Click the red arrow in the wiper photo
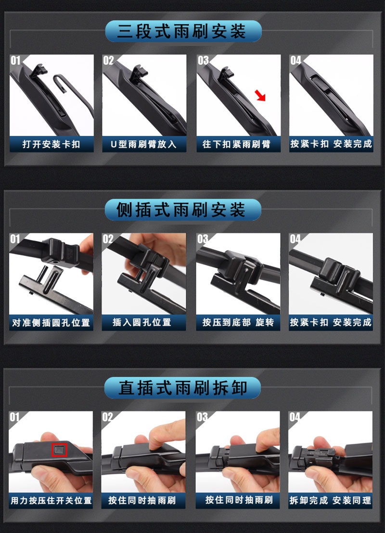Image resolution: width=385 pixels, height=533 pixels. coord(260,95)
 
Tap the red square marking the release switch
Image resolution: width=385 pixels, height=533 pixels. coord(59,450)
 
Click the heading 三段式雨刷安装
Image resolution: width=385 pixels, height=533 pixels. coord(181,31)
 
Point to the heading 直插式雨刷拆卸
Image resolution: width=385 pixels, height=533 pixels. coord(183,387)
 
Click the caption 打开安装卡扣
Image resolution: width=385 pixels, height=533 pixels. coord(51,144)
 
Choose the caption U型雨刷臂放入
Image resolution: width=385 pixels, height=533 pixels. coord(143,144)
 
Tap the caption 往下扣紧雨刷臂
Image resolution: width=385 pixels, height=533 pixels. coord(237,144)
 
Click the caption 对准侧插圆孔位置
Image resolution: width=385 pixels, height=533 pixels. coord(51,322)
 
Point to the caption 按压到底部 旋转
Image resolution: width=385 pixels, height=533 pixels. coord(238,322)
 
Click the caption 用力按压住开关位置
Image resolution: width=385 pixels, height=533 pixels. coord(51,500)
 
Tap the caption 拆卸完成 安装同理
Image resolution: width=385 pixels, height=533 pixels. coord(330,500)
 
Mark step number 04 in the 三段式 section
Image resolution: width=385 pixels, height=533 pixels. coord(295,61)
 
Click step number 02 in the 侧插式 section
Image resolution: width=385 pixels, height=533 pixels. coord(108,239)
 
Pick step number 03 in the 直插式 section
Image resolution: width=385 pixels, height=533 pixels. coord(202,417)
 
